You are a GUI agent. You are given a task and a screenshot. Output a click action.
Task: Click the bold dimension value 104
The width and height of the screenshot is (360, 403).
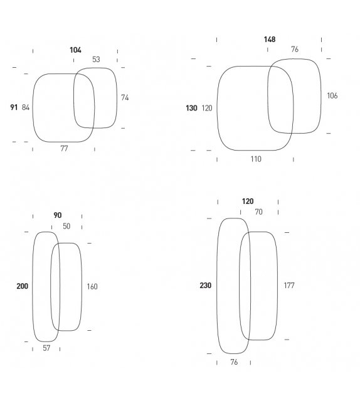[75, 50]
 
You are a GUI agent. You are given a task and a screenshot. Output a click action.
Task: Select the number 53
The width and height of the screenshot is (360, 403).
[96, 60]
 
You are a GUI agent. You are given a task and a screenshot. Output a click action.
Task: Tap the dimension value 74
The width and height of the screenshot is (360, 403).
[125, 97]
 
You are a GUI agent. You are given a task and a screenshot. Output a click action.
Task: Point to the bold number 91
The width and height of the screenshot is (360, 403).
[14, 107]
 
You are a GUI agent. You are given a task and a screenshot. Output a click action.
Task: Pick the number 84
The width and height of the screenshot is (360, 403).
[26, 107]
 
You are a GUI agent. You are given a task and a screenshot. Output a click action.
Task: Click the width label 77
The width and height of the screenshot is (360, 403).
[64, 148]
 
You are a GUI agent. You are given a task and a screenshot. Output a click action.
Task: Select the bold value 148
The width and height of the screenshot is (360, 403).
[270, 40]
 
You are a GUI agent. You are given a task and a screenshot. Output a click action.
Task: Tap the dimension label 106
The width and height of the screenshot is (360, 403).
[332, 95]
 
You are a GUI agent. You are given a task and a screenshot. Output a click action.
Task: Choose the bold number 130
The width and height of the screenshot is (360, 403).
[191, 108]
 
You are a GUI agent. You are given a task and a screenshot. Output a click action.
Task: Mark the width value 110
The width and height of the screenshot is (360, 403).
[256, 159]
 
